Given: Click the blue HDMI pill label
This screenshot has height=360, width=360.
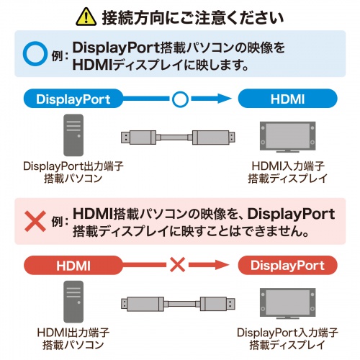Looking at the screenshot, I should (x=287, y=99).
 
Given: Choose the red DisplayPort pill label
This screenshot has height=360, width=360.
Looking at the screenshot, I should (x=287, y=266).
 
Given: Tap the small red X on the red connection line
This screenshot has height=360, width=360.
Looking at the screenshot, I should (x=177, y=266).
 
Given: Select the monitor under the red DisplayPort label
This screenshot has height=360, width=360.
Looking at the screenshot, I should (x=287, y=305).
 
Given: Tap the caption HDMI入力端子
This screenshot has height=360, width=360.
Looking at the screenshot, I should (x=287, y=166).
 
